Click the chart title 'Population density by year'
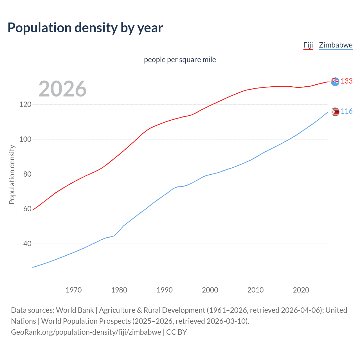coord(85,28)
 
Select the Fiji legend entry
coord(308,45)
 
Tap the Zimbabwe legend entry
coord(336,45)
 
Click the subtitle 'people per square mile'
coord(180,60)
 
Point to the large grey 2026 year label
coord(62,89)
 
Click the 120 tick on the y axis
coord(25,105)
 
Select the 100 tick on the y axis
coord(25,139)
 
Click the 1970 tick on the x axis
coord(74,290)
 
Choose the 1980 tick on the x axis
coord(119,290)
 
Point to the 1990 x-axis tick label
coord(165,290)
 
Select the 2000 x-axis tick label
coord(210,290)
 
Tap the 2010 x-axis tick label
coord(255,290)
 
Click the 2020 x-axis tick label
coord(301,290)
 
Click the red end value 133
coord(346,81)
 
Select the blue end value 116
coord(346,111)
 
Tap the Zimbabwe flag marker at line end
coord(335,112)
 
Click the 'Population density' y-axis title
coord(12,174)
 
